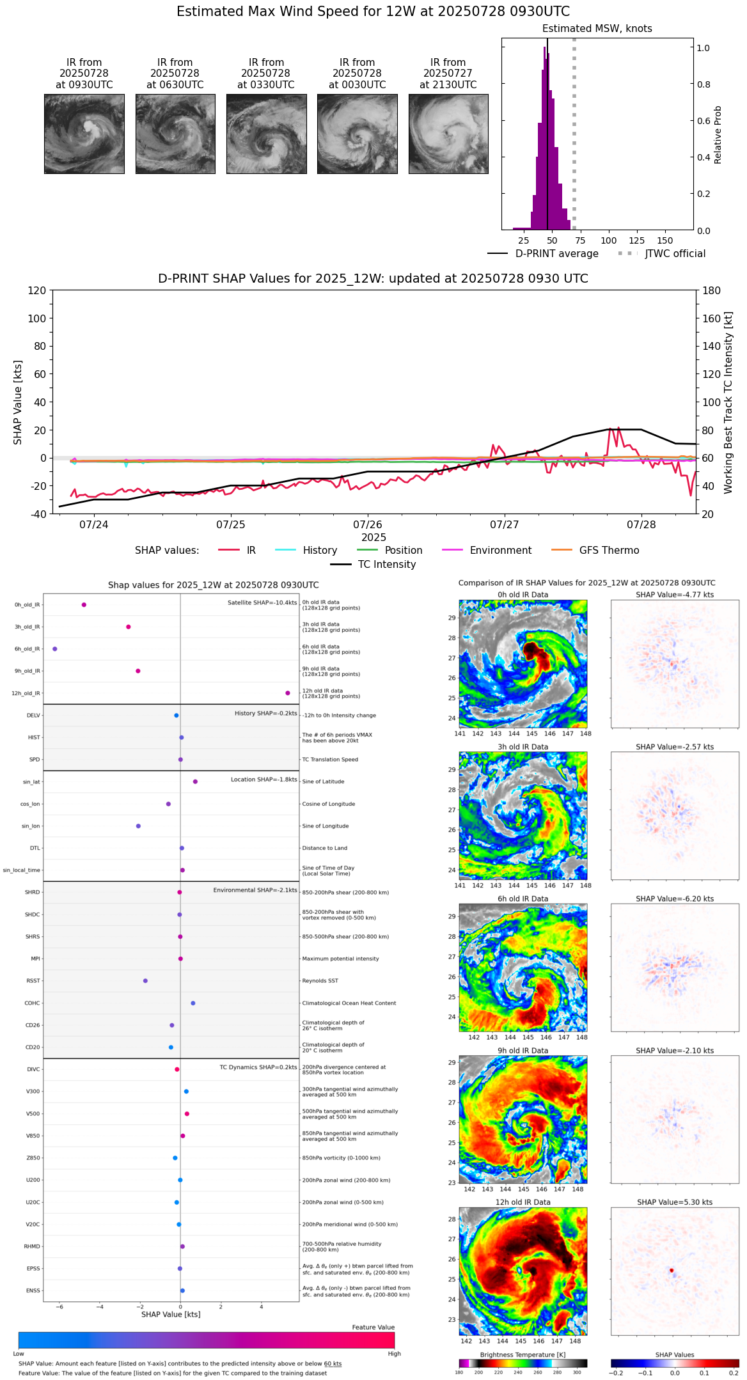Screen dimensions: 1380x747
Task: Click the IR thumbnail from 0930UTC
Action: pyautogui.click(x=84, y=134)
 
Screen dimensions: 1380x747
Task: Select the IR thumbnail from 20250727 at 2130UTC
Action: pyautogui.click(x=448, y=134)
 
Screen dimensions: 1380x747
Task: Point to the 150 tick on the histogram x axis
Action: pyautogui.click(x=665, y=240)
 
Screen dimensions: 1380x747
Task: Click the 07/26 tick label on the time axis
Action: pyautogui.click(x=368, y=524)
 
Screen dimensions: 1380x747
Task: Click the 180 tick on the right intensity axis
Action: pyautogui.click(x=711, y=291)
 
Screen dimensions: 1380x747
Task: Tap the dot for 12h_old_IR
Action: pyautogui.click(x=288, y=693)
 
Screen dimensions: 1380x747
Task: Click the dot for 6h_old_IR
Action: pyautogui.click(x=55, y=649)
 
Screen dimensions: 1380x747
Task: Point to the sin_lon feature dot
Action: pyautogui.click(x=138, y=826)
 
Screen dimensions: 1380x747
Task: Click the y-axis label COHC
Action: pyautogui.click(x=33, y=1003)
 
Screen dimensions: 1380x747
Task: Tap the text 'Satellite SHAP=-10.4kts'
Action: pyautogui.click(x=262, y=603)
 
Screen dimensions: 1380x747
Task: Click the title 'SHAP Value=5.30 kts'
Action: pyautogui.click(x=674, y=1202)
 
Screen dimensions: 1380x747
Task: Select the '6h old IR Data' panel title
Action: pyautogui.click(x=523, y=898)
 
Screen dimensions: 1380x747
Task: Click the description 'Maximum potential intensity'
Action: pyautogui.click(x=340, y=959)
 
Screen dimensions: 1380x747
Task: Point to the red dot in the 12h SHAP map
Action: pyautogui.click(x=672, y=1270)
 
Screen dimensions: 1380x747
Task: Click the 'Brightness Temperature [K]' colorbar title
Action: pyautogui.click(x=523, y=1354)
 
